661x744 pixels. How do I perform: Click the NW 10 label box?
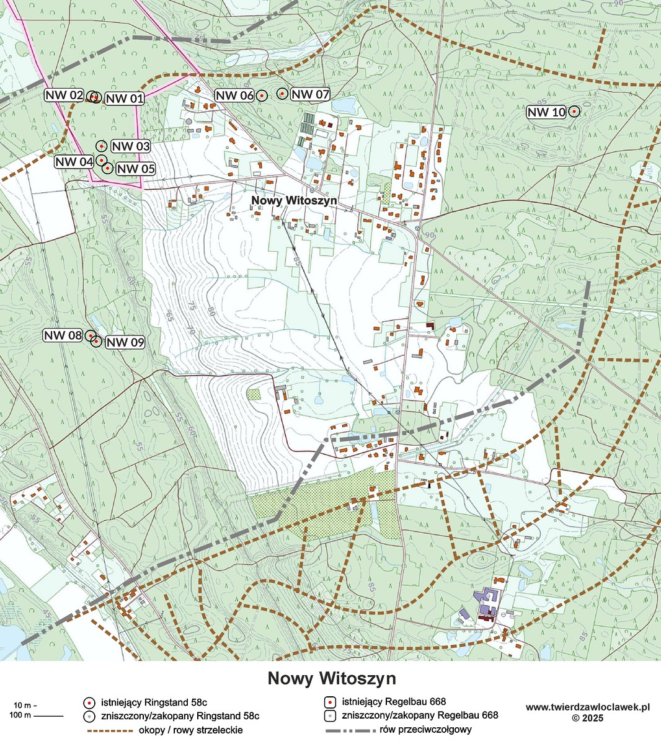tap(546, 112)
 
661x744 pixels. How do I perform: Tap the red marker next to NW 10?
tap(574, 112)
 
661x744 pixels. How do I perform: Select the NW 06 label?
tap(234, 95)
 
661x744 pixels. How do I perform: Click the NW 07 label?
tap(310, 94)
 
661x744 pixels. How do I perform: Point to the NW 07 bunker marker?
tap(282, 94)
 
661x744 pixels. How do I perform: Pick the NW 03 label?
tap(131, 146)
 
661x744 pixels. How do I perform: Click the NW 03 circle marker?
tap(102, 146)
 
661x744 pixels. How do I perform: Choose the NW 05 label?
tap(135, 169)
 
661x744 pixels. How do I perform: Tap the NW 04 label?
tap(74, 162)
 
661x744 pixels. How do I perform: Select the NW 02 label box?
tap(64, 95)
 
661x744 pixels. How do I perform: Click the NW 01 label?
tap(124, 99)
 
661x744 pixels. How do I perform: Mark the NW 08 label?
tap(63, 335)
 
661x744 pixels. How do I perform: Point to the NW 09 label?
tap(125, 342)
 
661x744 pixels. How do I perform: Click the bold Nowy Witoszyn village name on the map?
tap(294, 200)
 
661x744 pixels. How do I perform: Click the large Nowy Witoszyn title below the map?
tap(331, 678)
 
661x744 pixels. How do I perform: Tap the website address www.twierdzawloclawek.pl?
tap(587, 707)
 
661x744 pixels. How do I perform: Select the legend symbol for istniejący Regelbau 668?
tap(331, 702)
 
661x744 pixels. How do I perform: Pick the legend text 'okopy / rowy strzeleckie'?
tap(191, 730)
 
